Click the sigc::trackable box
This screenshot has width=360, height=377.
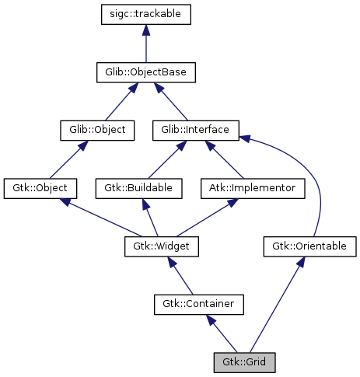[146, 14]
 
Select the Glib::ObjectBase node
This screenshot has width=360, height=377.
[146, 72]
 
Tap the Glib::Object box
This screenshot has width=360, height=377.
[93, 130]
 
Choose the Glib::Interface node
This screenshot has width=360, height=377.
[196, 130]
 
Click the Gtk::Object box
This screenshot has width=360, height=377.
[40, 188]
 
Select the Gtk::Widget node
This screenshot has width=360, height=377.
[162, 246]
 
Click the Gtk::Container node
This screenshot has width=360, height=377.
[199, 304]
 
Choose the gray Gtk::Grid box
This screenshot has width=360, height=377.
[244, 361]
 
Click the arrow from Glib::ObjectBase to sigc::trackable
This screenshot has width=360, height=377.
[146, 44]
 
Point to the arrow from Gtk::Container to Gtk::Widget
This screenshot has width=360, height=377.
[181, 276]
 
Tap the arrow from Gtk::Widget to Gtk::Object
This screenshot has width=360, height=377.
[101, 218]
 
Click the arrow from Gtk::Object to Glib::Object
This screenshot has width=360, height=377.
[67, 159]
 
